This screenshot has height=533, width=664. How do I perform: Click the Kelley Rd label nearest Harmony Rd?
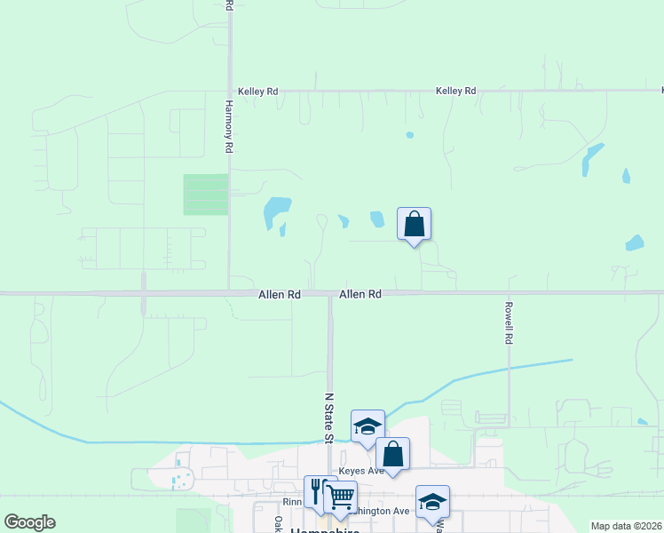tap(258, 91)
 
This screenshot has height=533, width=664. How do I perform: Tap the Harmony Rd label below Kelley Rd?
tap(228, 125)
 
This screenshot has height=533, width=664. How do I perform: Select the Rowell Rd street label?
tap(509, 321)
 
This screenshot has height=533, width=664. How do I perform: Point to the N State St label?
tap(328, 418)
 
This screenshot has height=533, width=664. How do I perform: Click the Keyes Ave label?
tap(360, 470)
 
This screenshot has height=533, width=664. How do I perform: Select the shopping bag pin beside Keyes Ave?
tap(392, 453)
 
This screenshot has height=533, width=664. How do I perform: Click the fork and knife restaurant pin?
tap(318, 491)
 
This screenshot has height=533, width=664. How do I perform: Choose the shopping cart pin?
tap(340, 497)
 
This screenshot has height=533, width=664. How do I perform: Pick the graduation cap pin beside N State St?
tap(368, 426)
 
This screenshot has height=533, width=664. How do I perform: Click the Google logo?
tap(29, 522)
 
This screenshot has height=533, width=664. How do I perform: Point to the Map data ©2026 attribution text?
tap(626, 526)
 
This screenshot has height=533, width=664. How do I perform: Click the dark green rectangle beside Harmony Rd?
tap(206, 195)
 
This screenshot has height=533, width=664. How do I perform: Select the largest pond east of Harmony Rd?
tap(277, 211)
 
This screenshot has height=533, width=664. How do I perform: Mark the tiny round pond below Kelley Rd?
tap(409, 135)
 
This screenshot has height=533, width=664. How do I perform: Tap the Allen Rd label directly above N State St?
tap(360, 294)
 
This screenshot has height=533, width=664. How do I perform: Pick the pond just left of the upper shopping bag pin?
tap(377, 219)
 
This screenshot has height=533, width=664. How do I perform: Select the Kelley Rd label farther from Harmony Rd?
tap(456, 91)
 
